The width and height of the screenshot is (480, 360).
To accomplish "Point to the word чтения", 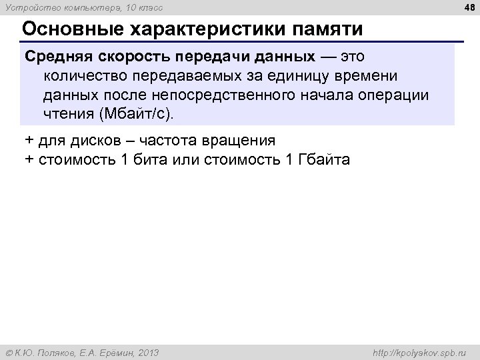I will [x=69, y=113].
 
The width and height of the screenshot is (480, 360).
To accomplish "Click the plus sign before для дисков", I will [x=29, y=141].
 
